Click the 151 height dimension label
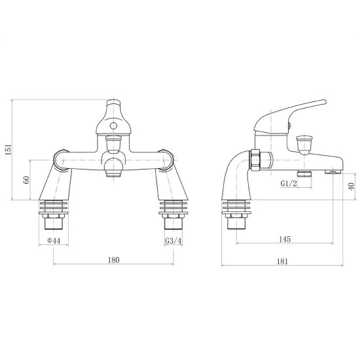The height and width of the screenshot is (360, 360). pos(9,150)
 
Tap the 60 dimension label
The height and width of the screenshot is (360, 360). pos(26,180)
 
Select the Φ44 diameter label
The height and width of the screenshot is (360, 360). pos(54,241)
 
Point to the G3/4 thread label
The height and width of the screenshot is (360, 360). pos(173,241)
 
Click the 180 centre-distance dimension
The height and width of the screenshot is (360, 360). pos(114,260)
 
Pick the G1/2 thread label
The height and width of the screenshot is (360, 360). pos(289,183)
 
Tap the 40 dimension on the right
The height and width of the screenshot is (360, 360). pos(351,186)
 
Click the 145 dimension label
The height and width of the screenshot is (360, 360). pos(285,239)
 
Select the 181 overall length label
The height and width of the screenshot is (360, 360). pos(282,262)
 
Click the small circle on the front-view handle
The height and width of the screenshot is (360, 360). pos(113,126)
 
